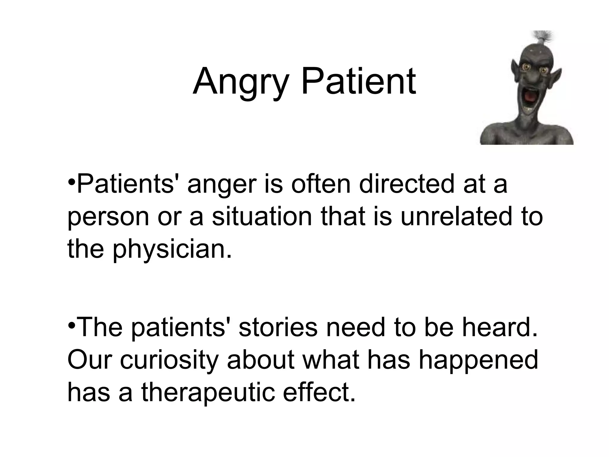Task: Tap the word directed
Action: coord(407,184)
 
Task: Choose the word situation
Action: coord(262,216)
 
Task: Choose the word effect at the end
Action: coord(319,392)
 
